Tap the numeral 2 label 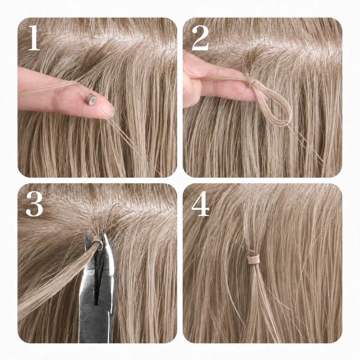pyautogui.click(x=200, y=38)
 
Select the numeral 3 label pyautogui.click(x=35, y=204)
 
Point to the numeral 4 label pyautogui.click(x=200, y=204)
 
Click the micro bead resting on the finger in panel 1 pyautogui.click(x=90, y=99)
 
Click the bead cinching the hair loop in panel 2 pyautogui.click(x=250, y=81)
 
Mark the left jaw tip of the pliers pyautogui.click(x=87, y=234)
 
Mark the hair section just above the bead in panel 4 pyautogui.click(x=249, y=229)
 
